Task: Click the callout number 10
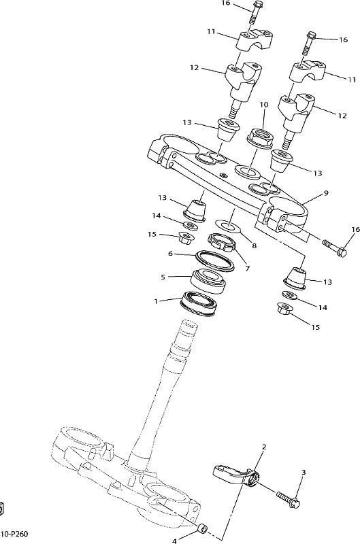(x=264, y=105)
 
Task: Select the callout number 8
(x=254, y=245)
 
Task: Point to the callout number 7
(x=247, y=268)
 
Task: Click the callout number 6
(x=170, y=254)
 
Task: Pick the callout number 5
(x=163, y=277)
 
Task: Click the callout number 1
(x=156, y=301)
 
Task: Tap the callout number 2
(x=264, y=447)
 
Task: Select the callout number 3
(x=304, y=472)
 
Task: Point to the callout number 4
(x=175, y=541)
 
